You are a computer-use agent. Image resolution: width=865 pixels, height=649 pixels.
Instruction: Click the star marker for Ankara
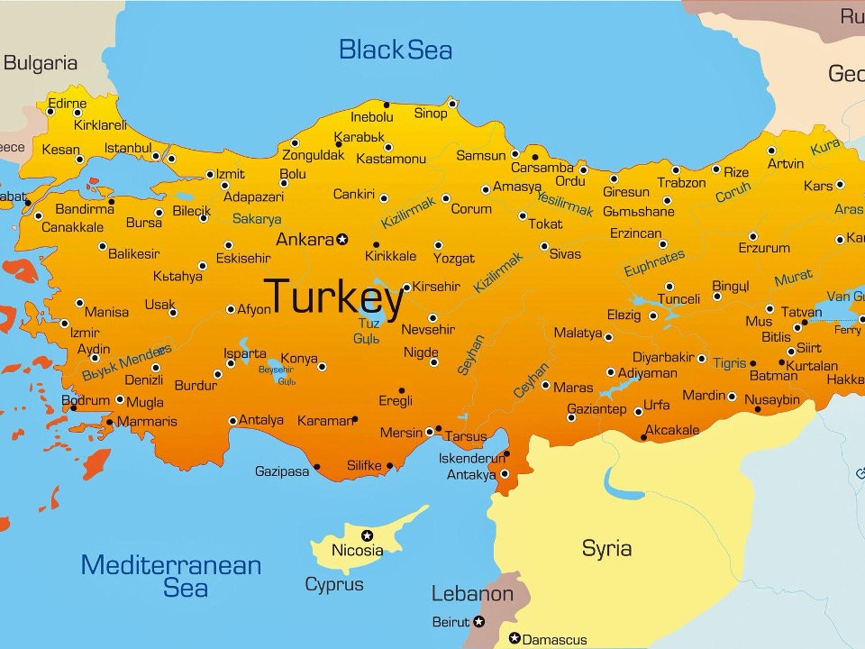click(x=342, y=240)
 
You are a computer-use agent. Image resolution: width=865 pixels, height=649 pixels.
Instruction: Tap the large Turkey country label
click(x=334, y=297)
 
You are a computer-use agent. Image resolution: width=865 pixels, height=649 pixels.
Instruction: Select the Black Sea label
click(x=395, y=50)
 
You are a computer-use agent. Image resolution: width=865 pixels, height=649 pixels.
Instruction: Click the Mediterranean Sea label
click(x=171, y=576)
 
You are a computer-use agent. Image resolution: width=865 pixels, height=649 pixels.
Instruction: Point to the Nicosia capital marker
click(x=367, y=535)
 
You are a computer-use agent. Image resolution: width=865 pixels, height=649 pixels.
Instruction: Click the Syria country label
click(x=606, y=548)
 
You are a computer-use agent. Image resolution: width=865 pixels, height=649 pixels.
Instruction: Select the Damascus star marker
click(x=514, y=638)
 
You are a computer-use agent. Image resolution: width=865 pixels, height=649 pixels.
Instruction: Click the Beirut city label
click(x=451, y=622)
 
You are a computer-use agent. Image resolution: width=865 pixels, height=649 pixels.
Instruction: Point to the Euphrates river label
click(x=654, y=263)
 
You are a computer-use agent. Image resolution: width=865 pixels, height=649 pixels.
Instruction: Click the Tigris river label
click(x=729, y=363)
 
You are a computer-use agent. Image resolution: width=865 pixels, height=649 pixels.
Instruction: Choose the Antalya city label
click(x=261, y=420)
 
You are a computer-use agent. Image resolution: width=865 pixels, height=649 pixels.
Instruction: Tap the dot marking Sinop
click(x=453, y=104)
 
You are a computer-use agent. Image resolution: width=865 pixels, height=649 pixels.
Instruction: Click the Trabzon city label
click(x=681, y=183)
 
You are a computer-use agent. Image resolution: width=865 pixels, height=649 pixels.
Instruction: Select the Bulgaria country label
click(x=41, y=63)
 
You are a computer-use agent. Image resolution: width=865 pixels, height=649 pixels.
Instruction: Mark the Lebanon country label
click(x=472, y=594)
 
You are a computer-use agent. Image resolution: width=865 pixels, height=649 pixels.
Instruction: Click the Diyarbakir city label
click(x=662, y=357)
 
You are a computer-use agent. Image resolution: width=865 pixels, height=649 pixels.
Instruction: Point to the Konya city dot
click(x=322, y=367)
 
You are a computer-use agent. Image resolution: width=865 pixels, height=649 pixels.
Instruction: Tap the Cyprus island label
click(x=334, y=584)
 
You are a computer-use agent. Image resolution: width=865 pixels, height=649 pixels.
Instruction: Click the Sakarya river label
click(x=257, y=218)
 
